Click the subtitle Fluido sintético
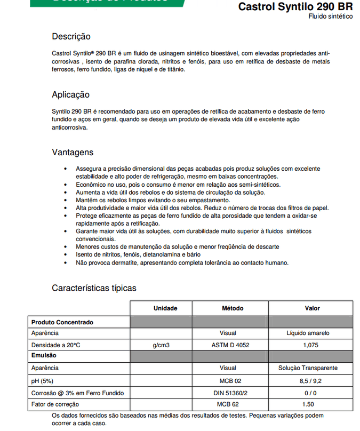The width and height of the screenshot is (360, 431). [x=330, y=17]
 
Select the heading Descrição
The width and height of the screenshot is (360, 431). [x=71, y=37]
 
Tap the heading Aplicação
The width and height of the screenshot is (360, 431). [x=70, y=95]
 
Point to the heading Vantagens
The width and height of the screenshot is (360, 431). [x=73, y=152]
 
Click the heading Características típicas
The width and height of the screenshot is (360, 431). [x=94, y=288]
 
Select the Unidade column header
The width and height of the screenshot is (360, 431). [x=165, y=308]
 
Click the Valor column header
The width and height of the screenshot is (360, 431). [x=312, y=308]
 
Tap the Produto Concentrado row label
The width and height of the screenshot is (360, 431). [x=62, y=322]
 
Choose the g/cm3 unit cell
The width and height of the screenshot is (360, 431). [x=161, y=345]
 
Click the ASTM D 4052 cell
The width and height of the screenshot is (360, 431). [x=230, y=345]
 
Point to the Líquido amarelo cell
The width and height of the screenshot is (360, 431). [x=308, y=333]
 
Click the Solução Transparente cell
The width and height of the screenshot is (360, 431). [x=308, y=368]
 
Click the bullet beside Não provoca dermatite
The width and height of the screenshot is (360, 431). [x=65, y=263]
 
